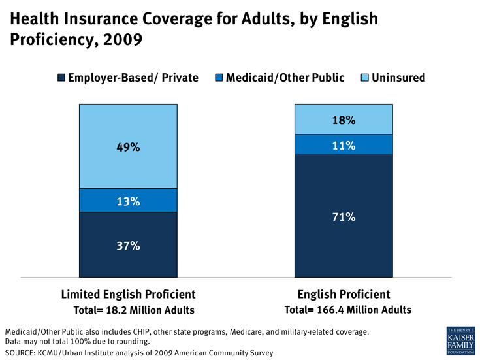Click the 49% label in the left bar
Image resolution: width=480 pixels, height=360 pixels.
[128, 147]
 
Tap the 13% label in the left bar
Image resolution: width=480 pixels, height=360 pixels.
[128, 201]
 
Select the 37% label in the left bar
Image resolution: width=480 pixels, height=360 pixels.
[128, 246]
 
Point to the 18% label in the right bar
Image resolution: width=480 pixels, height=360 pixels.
[344, 120]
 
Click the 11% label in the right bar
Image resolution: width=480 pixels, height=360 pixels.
[344, 146]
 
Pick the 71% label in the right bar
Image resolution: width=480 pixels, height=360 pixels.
[344, 217]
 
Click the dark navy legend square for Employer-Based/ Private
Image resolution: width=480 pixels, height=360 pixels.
[60, 78]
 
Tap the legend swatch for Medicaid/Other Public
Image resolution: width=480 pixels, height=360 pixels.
[219, 78]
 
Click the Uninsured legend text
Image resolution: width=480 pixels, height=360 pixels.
[398, 78]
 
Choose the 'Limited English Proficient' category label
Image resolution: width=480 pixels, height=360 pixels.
[128, 294]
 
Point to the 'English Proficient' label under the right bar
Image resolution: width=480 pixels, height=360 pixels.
[344, 294]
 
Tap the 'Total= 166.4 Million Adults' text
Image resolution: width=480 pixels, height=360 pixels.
[348, 310]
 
